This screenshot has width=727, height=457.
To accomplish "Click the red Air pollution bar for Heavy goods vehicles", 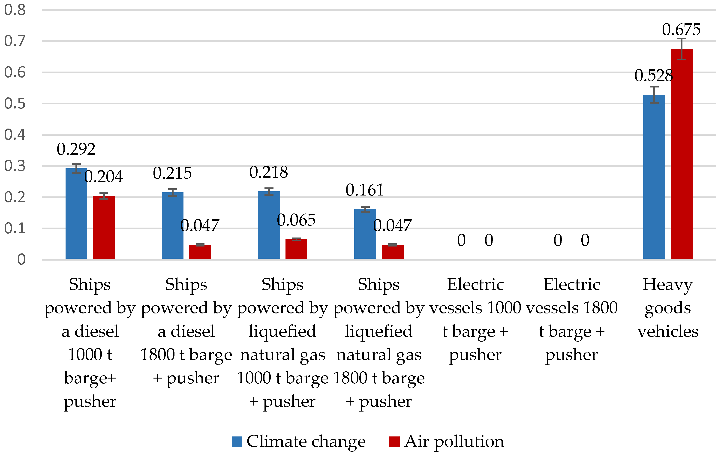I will (681, 154).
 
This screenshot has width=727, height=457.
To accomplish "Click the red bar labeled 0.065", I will (296, 249).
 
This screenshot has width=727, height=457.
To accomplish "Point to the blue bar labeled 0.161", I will (365, 234).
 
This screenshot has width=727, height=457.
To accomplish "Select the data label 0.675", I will (681, 30).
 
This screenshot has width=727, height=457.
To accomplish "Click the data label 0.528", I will (654, 75).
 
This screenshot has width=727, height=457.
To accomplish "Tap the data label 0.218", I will (268, 172).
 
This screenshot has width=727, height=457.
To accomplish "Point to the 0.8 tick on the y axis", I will (15, 10).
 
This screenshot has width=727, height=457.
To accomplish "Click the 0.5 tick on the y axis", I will (15, 104).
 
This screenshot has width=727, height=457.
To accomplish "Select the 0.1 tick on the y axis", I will (15, 228).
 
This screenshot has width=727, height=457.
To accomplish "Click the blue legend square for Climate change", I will (237, 442).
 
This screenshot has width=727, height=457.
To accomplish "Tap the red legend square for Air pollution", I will (394, 442).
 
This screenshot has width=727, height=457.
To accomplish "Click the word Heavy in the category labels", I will (667, 284).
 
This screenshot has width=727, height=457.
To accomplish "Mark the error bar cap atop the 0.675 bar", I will (681, 39).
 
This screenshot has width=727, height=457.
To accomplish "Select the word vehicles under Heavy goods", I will (668, 331).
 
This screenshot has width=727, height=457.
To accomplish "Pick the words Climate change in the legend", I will (306, 442).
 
